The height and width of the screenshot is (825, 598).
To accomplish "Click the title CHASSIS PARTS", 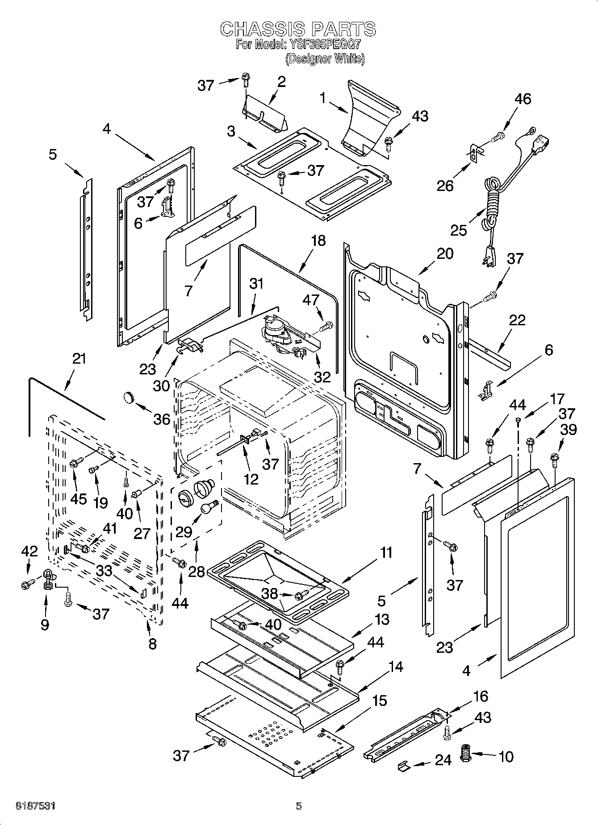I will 298,29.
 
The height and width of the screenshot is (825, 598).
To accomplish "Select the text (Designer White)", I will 325,58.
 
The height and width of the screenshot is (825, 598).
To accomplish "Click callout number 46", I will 523,99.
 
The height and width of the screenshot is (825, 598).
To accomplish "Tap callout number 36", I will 162,419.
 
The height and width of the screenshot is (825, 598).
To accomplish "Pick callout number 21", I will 79,359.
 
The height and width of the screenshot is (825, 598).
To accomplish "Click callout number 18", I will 318,240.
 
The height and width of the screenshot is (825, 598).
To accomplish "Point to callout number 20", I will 445,253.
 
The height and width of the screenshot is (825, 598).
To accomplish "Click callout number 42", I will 29,551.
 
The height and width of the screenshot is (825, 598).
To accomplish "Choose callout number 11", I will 385,552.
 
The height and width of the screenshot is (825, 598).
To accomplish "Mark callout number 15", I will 379,701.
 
